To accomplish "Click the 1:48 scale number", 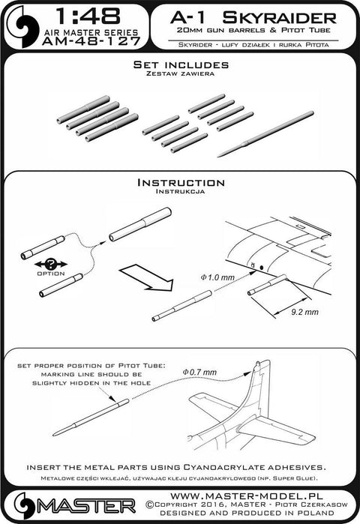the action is [x=88, y=16].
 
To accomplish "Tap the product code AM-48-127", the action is [x=91, y=41].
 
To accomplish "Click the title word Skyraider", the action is [x=279, y=17].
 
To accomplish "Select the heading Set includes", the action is [x=181, y=64].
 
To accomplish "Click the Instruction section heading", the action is [x=181, y=182].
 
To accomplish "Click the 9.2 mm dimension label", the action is [x=304, y=312].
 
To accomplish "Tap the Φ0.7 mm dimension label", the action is [x=199, y=372].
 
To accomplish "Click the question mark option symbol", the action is [x=51, y=264].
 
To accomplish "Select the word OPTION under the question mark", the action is [x=51, y=274].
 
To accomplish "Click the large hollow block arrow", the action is [x=146, y=277].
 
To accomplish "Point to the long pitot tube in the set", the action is [x=265, y=133].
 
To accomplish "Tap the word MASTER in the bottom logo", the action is [x=86, y=506].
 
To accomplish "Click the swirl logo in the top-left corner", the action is [x=23, y=27].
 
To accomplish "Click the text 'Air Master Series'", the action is [x=91, y=32].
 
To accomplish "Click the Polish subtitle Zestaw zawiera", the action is [x=181, y=73].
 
